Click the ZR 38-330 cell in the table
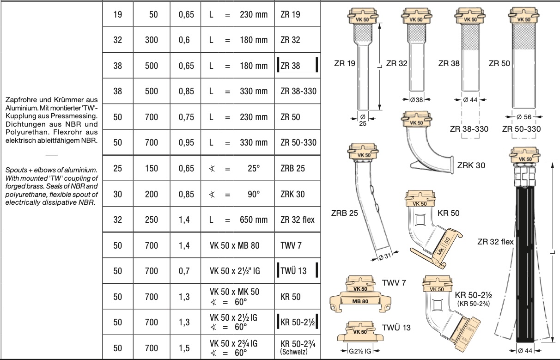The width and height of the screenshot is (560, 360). point(298,91)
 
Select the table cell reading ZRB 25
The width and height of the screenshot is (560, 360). point(292,168)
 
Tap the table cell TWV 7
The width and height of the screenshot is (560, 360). point(291,245)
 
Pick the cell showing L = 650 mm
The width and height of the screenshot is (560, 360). point(238,220)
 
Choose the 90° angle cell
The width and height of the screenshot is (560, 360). point(238,194)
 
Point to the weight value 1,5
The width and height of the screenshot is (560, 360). point(184,348)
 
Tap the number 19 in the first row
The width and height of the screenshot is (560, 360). point(117,14)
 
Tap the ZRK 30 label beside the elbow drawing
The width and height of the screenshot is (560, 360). point(471,165)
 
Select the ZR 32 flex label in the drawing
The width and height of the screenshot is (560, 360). point(495,241)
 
